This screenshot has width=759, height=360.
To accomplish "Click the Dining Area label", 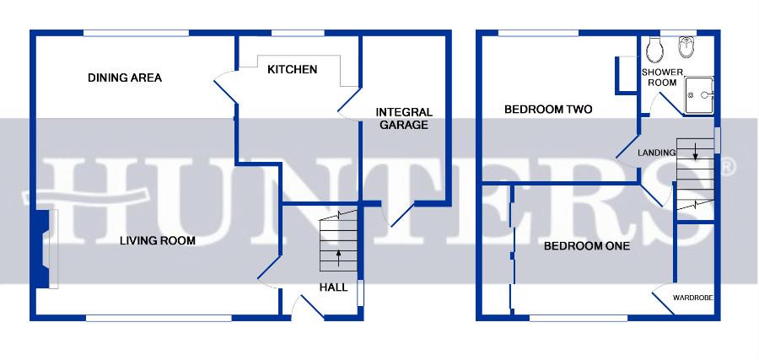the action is (125, 78).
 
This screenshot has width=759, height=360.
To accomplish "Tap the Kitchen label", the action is (292, 69).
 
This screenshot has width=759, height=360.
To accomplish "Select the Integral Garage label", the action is (403, 118).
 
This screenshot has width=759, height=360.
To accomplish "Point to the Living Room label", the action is (157, 241).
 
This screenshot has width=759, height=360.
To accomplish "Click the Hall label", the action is (333, 287).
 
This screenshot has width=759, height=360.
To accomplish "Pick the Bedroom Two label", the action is (548, 110).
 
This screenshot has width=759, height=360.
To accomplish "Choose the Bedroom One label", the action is (586, 246).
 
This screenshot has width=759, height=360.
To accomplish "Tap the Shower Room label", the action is (659, 78).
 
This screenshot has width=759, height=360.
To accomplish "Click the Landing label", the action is (656, 153).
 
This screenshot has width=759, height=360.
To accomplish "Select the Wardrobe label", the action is (693, 298).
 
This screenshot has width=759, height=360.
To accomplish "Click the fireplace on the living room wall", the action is (42, 250).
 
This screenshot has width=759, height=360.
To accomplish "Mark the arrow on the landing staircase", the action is (694, 153).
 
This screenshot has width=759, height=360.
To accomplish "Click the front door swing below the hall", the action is (307, 309).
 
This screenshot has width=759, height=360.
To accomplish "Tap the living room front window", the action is (158, 318).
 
